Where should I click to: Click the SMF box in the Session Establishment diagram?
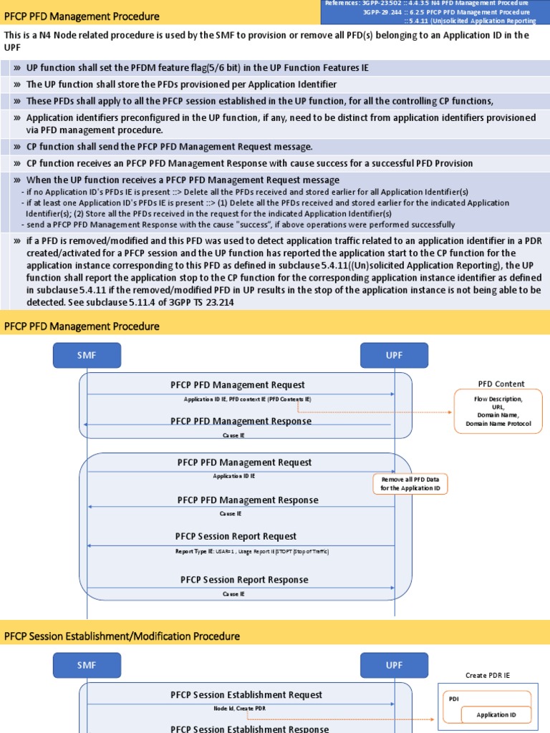coord(87,665)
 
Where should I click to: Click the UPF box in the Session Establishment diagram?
coord(394,665)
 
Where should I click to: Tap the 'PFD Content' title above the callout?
coord(501,384)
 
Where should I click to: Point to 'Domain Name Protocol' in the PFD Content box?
coord(498,424)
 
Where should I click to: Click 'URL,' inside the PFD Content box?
coord(498,407)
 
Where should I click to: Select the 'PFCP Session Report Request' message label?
coord(236,536)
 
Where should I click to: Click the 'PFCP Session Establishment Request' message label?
coord(246,694)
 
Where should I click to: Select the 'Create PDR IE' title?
coord(487,675)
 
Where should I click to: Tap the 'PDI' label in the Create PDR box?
coord(454,699)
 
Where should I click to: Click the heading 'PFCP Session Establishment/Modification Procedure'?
coord(122,636)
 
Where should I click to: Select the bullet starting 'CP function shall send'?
coord(169,147)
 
